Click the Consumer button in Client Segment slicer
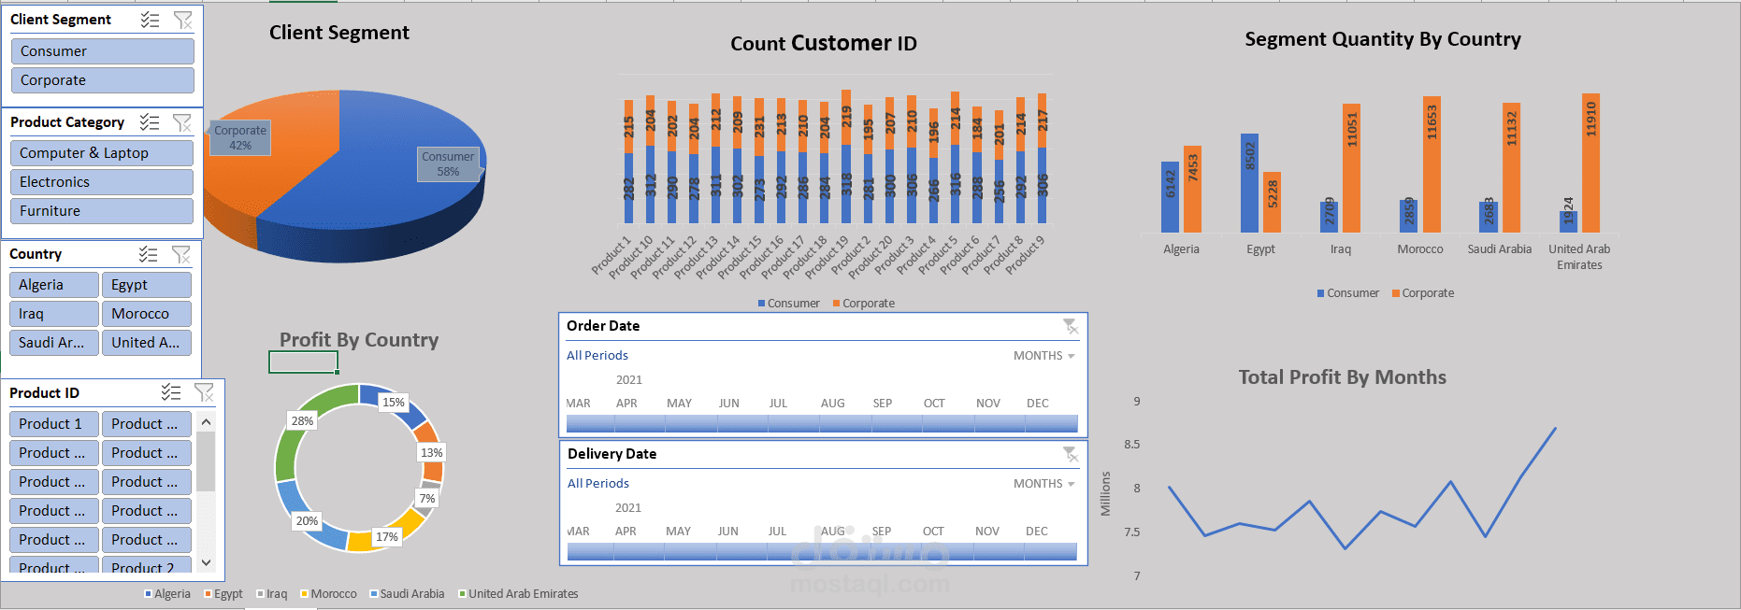pyautogui.click(x=102, y=51)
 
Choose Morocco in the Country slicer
pyautogui.click(x=146, y=314)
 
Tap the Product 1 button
pyautogui.click(x=53, y=424)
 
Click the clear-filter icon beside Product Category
pyautogui.click(x=181, y=122)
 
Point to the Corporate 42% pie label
pyautogui.click(x=240, y=137)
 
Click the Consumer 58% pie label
pyautogui.click(x=448, y=163)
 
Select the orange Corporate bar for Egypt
pyautogui.click(x=1272, y=202)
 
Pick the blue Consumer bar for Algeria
pyautogui.click(x=1170, y=197)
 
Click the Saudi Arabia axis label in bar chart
pyautogui.click(x=1499, y=249)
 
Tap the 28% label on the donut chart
pyautogui.click(x=302, y=421)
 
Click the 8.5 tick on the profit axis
pyautogui.click(x=1132, y=445)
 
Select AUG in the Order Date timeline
pyautogui.click(x=832, y=404)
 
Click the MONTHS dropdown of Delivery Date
pyautogui.click(x=1043, y=484)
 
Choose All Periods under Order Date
pyautogui.click(x=597, y=356)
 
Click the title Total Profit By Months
pyautogui.click(x=1342, y=377)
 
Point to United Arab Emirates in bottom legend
pyautogui.click(x=522, y=594)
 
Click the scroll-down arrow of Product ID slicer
pyautogui.click(x=207, y=562)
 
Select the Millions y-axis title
pyautogui.click(x=1105, y=493)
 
